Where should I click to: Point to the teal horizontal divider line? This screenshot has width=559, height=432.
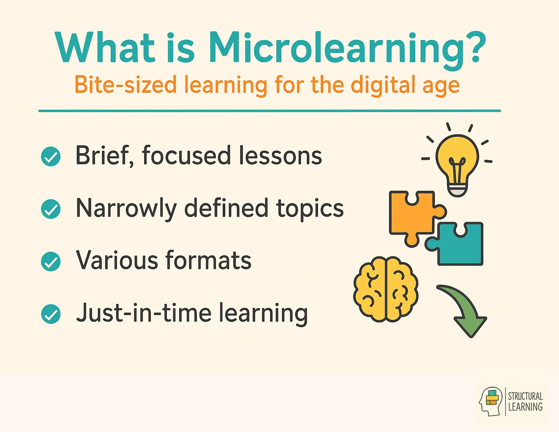(269, 111)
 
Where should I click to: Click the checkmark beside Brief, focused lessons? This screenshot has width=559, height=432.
(51, 156)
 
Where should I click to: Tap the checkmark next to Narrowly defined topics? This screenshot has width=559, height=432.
(51, 209)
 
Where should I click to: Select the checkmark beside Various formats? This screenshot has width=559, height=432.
(51, 261)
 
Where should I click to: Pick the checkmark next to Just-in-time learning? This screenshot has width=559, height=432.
(51, 314)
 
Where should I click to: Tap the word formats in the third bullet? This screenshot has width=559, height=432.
(208, 261)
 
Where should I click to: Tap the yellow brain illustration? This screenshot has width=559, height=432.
(386, 289)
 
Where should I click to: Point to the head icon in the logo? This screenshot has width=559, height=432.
(491, 401)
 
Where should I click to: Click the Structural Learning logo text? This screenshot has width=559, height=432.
(525, 401)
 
